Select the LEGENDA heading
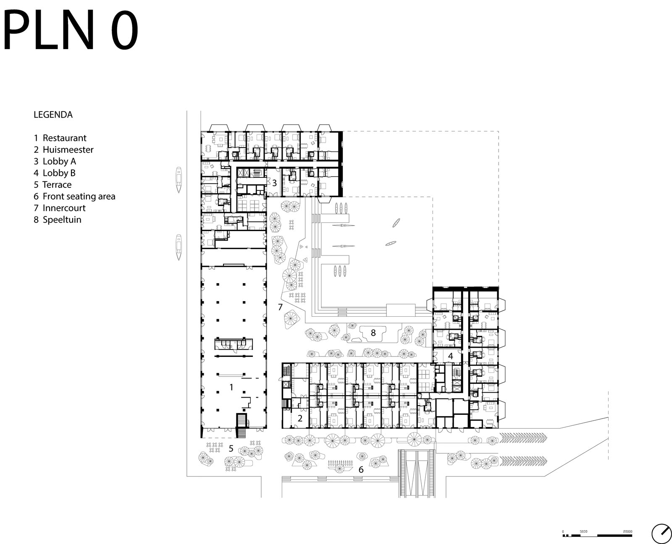(x=53, y=115)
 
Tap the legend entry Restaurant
(x=60, y=138)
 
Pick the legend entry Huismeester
(x=63, y=150)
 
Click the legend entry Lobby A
(x=55, y=161)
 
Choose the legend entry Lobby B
(x=55, y=173)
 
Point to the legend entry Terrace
(x=52, y=185)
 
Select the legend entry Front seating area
(x=74, y=196)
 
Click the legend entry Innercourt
(x=60, y=208)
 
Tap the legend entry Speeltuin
(x=58, y=219)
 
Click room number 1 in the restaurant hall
(x=231, y=387)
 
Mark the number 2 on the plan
(x=300, y=418)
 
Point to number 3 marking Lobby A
(x=275, y=183)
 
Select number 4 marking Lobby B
(x=451, y=356)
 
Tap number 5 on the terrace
(x=231, y=448)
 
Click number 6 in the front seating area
(x=361, y=470)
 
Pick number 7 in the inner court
(x=280, y=307)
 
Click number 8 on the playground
(x=373, y=333)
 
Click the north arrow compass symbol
(x=661, y=534)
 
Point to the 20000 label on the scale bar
(x=627, y=531)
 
